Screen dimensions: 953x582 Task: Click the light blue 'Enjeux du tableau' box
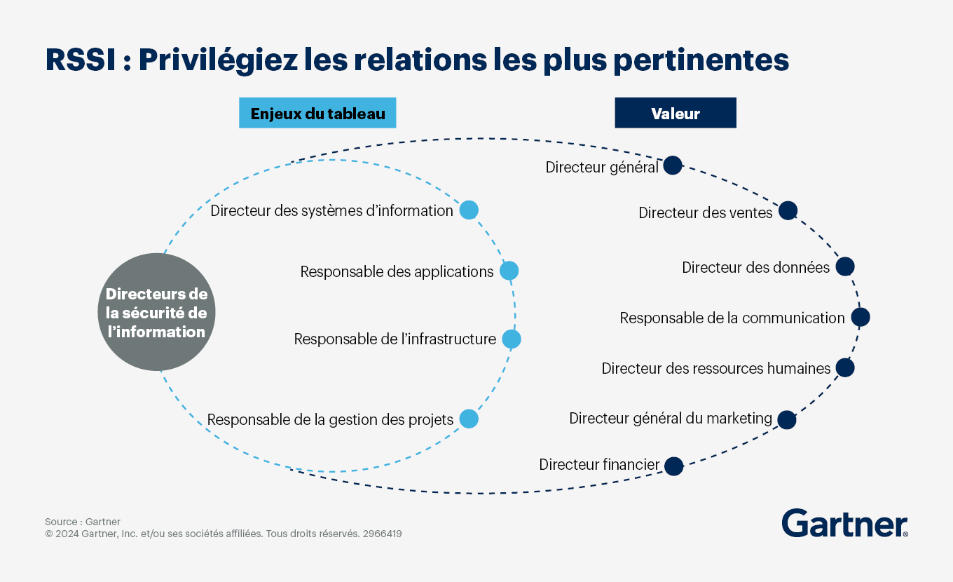click(317, 113)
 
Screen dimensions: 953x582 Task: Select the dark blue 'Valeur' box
click(676, 113)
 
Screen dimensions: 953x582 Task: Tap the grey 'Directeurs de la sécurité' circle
click(156, 312)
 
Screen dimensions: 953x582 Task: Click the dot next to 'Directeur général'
click(673, 165)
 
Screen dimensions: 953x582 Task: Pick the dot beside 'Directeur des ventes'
click(788, 210)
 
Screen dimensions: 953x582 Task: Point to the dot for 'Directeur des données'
click(845, 266)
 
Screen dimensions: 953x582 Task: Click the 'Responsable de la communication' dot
click(861, 317)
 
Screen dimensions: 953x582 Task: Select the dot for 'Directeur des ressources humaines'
click(845, 368)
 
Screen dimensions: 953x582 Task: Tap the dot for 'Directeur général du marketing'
click(787, 420)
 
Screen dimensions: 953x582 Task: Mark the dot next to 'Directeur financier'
click(674, 466)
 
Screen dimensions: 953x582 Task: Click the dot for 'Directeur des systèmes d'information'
click(469, 210)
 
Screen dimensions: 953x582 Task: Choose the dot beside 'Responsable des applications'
click(509, 271)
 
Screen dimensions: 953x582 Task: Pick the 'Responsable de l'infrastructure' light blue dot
click(512, 339)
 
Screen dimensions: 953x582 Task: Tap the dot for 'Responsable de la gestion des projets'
click(469, 419)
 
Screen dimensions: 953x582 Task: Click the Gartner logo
click(844, 523)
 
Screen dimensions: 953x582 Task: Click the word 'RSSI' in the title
click(81, 60)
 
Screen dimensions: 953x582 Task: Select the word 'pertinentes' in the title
click(701, 60)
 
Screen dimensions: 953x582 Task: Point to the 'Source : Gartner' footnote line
click(83, 522)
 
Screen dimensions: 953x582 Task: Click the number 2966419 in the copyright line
click(382, 534)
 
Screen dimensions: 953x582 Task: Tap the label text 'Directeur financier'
click(599, 464)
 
